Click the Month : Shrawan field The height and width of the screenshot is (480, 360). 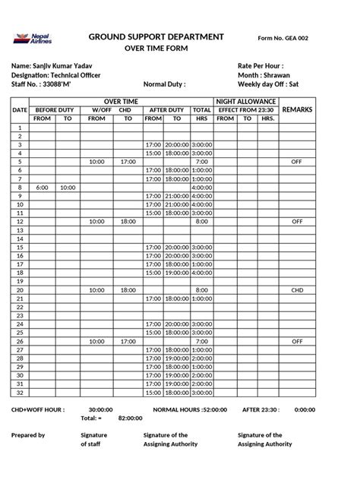(x=264, y=76)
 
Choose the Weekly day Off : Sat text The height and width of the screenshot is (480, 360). (x=268, y=85)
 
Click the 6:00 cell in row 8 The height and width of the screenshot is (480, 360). (x=42, y=188)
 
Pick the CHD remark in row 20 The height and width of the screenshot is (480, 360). (x=296, y=290)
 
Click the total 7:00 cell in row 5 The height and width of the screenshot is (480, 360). (x=201, y=162)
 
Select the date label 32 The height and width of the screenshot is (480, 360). (x=20, y=393)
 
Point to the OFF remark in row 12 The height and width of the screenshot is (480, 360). (x=296, y=222)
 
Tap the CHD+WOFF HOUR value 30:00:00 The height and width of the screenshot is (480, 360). (x=101, y=409)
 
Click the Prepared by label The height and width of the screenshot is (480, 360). (x=28, y=435)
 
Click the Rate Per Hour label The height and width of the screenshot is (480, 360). (x=261, y=67)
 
